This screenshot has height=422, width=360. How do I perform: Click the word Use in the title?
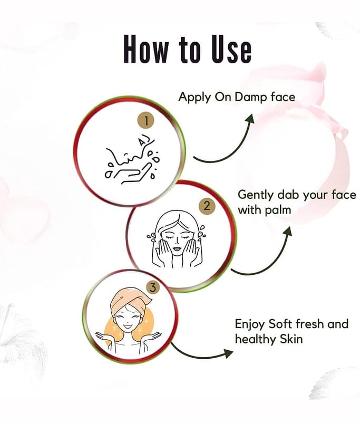click(x=231, y=49)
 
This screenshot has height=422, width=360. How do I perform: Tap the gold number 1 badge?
click(x=146, y=121)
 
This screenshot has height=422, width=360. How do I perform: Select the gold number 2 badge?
click(x=207, y=206)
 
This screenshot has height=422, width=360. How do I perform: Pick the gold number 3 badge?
click(x=153, y=287)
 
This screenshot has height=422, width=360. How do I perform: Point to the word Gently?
click(x=255, y=195)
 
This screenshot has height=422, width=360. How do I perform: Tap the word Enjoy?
click(x=250, y=324)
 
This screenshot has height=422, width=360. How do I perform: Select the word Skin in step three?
click(x=291, y=339)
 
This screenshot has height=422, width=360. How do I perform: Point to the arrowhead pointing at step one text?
click(x=250, y=118)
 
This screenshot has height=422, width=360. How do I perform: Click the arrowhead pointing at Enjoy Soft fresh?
click(x=229, y=353)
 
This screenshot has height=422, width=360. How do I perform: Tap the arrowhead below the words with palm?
click(x=288, y=232)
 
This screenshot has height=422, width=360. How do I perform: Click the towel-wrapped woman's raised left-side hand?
click(x=102, y=336)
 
